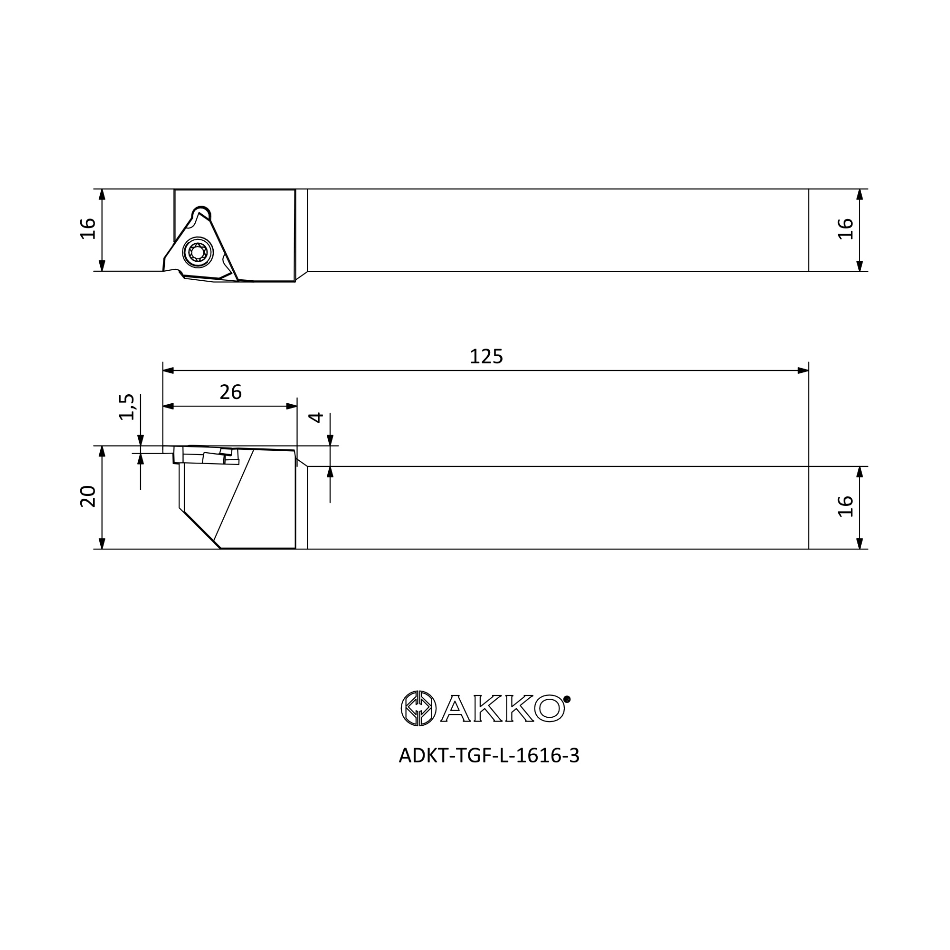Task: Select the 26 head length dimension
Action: pos(231,392)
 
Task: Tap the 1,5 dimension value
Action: pos(127,407)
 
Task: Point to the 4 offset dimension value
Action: pos(316,418)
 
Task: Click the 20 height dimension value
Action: pos(88,496)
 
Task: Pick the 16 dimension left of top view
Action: pos(88,228)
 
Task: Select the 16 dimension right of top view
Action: pos(845,228)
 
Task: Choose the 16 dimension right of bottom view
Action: pos(845,506)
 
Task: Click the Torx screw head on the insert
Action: pos(198,253)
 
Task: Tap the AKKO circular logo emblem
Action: pos(418,708)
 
